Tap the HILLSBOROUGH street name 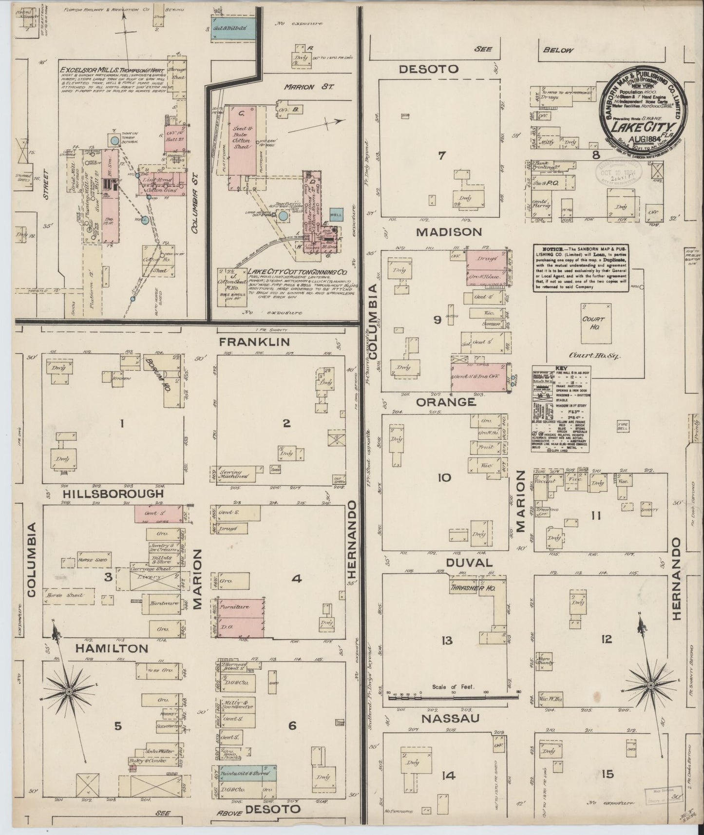point(113,494)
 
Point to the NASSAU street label point(450,719)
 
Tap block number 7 point(442,156)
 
